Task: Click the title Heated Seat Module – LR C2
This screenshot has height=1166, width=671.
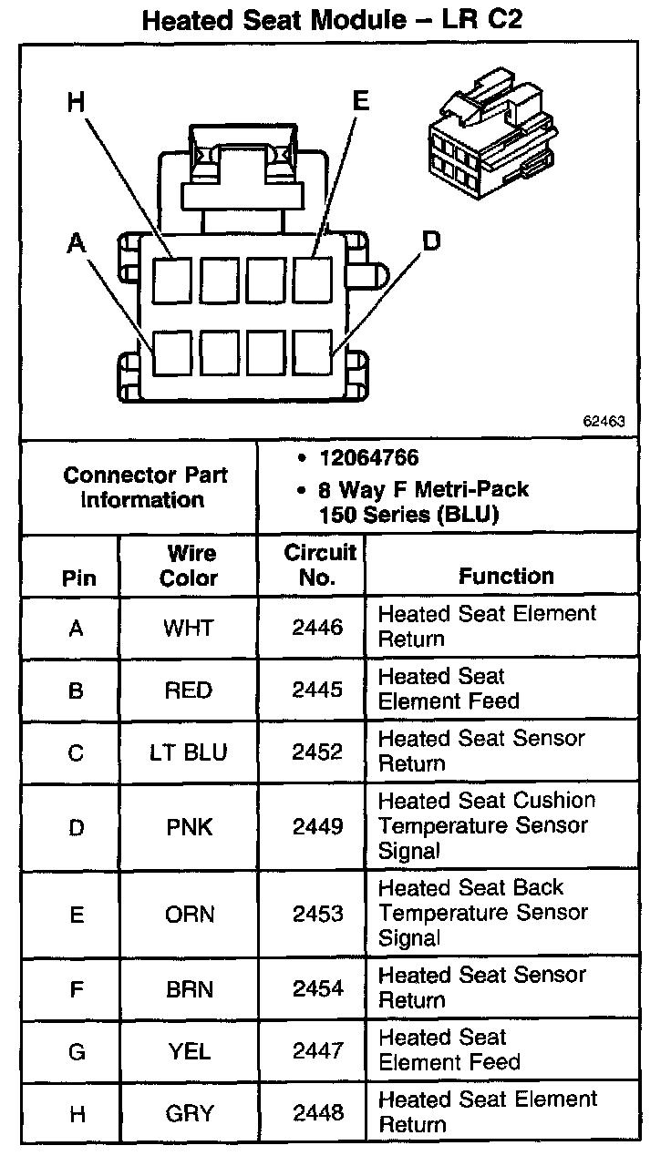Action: (333, 20)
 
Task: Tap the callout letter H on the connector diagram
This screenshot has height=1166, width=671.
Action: (77, 102)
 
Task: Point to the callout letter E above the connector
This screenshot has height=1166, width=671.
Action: (361, 100)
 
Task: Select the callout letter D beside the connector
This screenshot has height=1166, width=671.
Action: (430, 240)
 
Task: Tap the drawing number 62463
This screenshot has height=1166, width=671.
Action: (605, 422)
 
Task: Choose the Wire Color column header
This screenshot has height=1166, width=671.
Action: (190, 566)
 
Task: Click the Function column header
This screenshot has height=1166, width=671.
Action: (506, 576)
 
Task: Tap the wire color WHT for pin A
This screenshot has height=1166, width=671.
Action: (188, 628)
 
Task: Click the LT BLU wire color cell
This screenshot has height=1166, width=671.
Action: (189, 752)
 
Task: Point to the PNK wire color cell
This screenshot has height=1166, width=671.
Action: (189, 826)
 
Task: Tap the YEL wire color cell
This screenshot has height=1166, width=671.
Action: (189, 1051)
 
